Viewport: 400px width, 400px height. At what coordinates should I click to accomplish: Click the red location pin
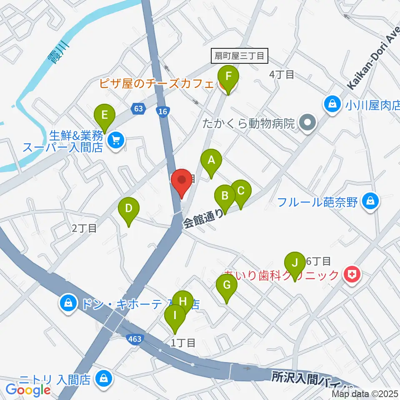pos(182,182)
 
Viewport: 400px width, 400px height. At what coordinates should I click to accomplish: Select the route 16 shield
pos(163,110)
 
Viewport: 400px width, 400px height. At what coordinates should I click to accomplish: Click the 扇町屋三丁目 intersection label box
pos(240,56)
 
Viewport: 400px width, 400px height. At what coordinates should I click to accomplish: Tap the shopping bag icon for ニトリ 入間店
pos(102,379)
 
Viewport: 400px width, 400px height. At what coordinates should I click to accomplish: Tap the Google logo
pos(28,390)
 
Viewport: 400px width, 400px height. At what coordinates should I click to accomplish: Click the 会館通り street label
pos(203,218)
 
